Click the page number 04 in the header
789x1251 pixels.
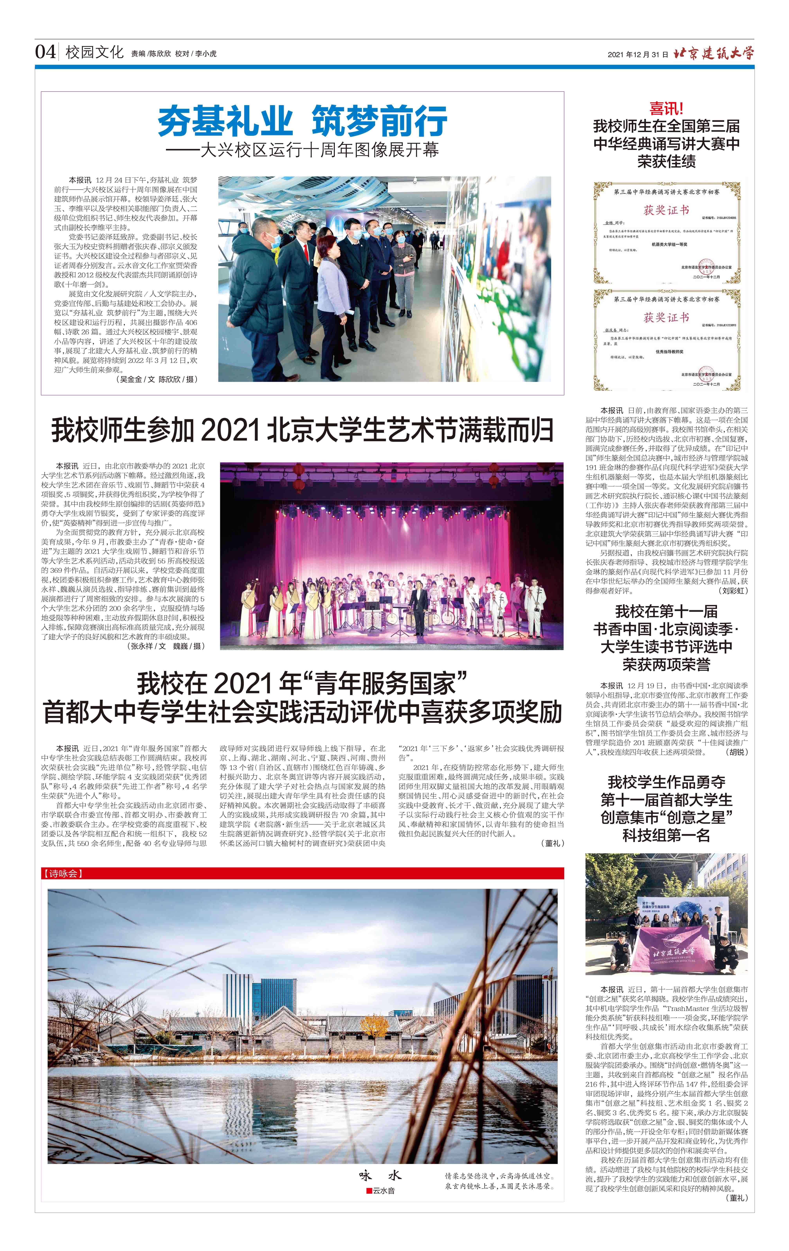tap(45, 52)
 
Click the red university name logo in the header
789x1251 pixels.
tap(713, 53)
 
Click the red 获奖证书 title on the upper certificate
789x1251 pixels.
tap(666, 210)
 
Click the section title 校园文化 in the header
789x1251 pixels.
tap(95, 52)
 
